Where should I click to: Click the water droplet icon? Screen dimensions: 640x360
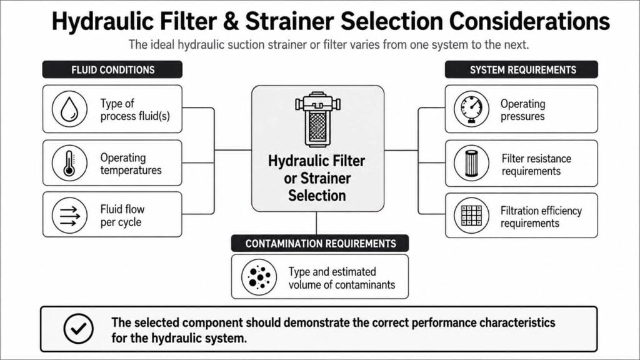point(69,109)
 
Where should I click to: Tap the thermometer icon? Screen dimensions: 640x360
point(69,163)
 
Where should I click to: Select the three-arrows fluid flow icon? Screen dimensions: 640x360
point(69,215)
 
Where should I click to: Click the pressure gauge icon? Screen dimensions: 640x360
point(471,109)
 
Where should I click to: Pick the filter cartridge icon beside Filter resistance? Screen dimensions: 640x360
point(471,163)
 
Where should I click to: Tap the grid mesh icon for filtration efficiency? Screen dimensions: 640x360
point(471,215)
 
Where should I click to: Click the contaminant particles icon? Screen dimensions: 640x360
point(259,277)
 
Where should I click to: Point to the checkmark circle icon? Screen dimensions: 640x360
point(78,329)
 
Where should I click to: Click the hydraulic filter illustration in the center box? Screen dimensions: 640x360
point(317,119)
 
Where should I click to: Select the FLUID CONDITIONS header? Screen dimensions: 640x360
point(112,69)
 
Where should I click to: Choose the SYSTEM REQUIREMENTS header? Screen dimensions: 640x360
point(521,69)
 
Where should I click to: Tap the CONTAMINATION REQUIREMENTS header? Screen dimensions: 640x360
point(320,243)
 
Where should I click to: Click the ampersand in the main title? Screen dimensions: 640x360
point(231,22)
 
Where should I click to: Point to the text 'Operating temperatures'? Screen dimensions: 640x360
point(131,164)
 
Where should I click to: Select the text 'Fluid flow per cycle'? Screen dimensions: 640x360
point(122,216)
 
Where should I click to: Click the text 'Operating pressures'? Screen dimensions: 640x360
point(523,110)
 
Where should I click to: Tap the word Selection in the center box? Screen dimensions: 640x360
point(317,196)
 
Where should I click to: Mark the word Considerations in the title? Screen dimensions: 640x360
point(529,21)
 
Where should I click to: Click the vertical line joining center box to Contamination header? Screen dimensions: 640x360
point(316,223)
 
